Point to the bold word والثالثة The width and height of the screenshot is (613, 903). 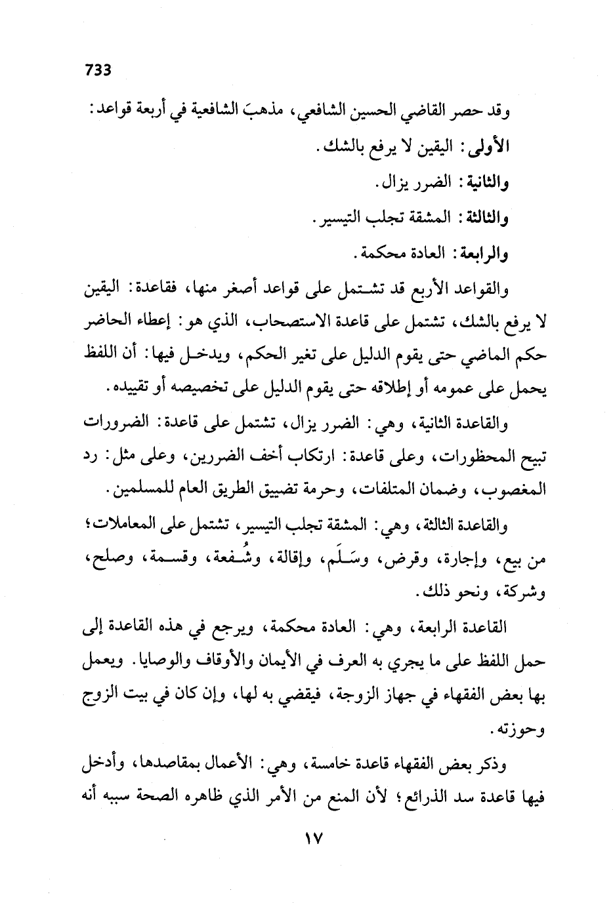(483, 217)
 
